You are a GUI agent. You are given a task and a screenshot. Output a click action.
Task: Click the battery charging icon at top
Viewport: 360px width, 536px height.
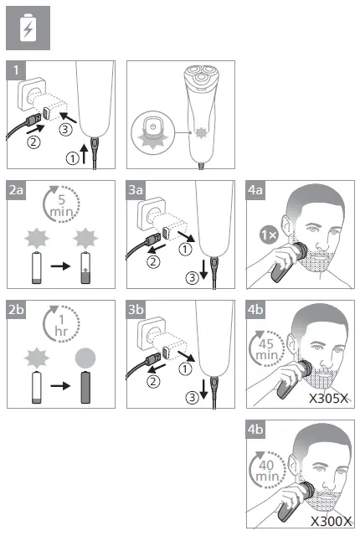(28, 28)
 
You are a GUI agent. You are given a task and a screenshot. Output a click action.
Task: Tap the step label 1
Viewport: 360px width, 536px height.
(16, 70)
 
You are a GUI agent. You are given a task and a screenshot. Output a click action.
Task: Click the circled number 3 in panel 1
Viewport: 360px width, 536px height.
(65, 130)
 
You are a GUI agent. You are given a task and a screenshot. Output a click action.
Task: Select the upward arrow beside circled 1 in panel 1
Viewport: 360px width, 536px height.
(84, 153)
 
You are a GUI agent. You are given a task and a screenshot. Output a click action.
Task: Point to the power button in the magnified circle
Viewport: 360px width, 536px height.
(153, 126)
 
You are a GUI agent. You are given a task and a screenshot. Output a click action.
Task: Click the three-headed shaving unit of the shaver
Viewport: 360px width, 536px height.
(200, 75)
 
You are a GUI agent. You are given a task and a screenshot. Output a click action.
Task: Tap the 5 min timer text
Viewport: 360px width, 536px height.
(61, 206)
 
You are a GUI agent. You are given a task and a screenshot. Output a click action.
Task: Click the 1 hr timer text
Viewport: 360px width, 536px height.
(61, 326)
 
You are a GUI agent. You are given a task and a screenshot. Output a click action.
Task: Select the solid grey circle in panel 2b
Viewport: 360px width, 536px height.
(85, 358)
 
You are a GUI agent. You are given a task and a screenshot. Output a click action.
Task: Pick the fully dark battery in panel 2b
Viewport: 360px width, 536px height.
(85, 387)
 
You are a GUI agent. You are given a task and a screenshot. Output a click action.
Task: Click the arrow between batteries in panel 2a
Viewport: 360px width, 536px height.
(60, 266)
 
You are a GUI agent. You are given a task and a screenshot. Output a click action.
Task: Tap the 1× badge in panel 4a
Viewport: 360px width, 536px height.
(269, 235)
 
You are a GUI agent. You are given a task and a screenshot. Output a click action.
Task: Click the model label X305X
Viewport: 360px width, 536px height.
(329, 399)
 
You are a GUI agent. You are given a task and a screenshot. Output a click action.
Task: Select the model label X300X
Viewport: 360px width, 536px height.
(332, 521)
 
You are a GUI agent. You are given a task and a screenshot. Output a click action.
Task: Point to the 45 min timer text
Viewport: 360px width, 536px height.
(266, 349)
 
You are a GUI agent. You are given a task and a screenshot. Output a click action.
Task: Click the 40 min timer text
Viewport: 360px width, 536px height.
(267, 471)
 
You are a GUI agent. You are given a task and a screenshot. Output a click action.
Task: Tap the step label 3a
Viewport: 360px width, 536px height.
(136, 190)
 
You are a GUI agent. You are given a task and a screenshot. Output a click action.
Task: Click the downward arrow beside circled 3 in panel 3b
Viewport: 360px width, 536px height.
(203, 389)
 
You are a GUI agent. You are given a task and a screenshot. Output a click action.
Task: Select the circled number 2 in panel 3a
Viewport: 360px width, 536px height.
(153, 262)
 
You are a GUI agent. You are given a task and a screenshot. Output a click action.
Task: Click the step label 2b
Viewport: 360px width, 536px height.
(16, 309)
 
